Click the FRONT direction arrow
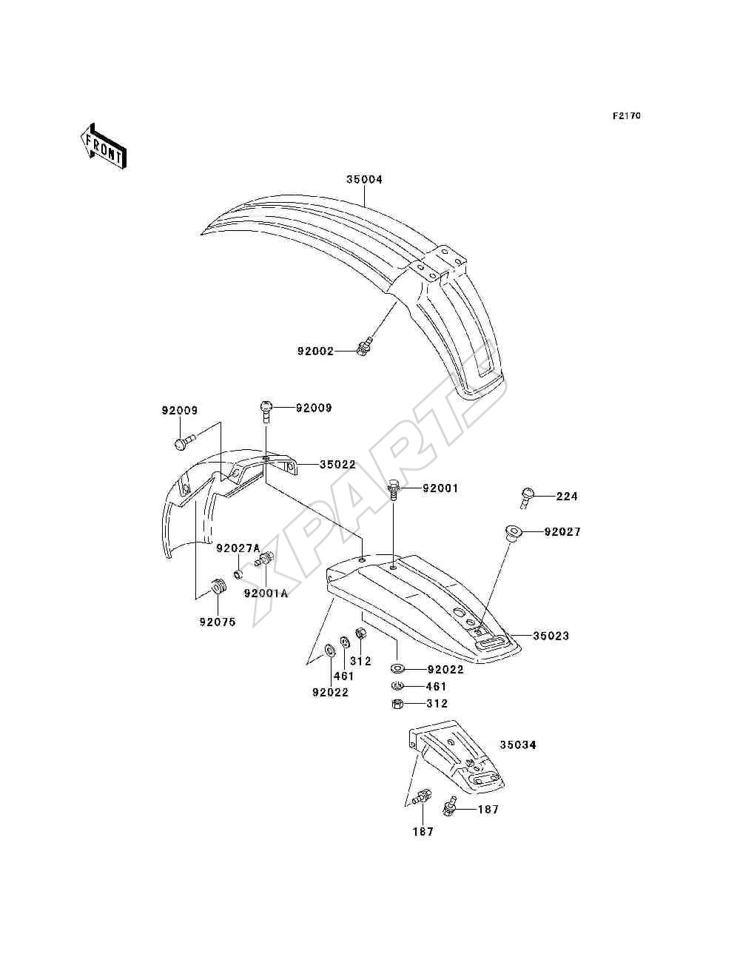pos(104,146)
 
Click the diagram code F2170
pos(627,116)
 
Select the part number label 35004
pos(364,180)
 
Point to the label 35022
pos(337,464)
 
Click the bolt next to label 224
pos(527,497)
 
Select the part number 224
pos(567,497)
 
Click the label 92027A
pos(238,548)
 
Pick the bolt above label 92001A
pos(265,560)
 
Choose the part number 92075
pos(218,622)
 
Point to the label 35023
pos(551,636)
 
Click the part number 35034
pos(518,745)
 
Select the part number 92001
pos(440,488)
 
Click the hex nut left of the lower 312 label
pos(397,704)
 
